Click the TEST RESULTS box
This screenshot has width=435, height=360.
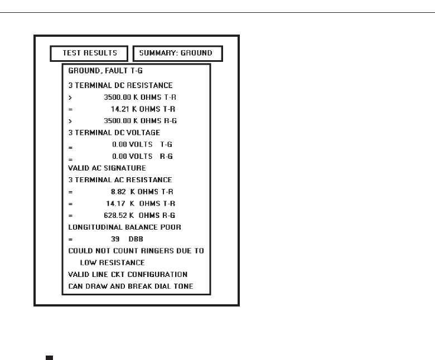pos(89,53)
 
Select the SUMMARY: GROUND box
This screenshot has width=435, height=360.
pos(177,53)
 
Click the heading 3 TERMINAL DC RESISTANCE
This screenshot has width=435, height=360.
pos(120,85)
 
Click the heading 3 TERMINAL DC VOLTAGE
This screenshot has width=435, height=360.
pos(114,133)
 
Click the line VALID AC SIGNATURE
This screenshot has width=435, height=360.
pos(107,168)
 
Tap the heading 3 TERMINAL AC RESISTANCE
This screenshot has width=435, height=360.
pos(120,180)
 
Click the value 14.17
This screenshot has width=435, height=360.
pos(116,203)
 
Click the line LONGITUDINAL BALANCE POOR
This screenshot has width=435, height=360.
pos(125,227)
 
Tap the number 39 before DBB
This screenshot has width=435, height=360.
pos(115,239)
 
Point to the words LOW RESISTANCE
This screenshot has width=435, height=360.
pos(112,262)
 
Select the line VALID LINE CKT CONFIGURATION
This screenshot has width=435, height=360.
pos(128,274)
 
